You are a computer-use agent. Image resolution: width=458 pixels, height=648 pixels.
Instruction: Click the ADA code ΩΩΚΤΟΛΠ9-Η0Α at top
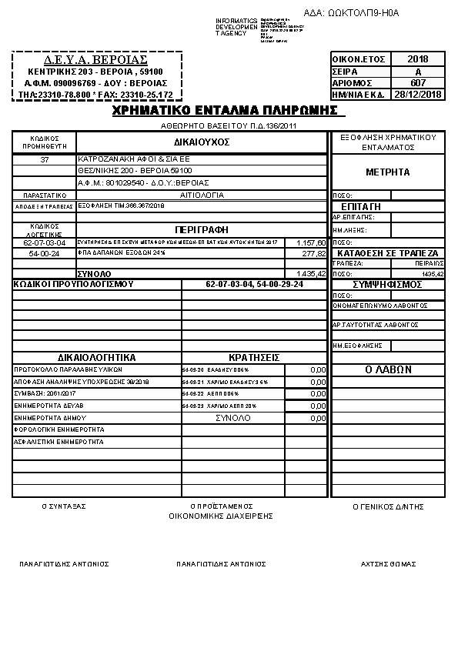click(363, 13)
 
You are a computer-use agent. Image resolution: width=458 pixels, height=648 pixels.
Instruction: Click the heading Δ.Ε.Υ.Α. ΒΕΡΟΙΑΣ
click(96, 59)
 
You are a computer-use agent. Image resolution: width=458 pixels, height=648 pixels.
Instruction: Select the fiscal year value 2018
click(418, 59)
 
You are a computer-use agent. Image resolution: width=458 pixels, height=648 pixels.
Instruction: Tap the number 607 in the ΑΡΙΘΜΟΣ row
click(418, 82)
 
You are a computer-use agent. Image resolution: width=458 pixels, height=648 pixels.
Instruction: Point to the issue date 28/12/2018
click(418, 95)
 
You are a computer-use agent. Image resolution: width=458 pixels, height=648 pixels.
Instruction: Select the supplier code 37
click(45, 159)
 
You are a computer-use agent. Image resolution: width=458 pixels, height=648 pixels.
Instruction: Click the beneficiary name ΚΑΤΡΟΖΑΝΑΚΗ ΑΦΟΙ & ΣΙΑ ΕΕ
click(128, 159)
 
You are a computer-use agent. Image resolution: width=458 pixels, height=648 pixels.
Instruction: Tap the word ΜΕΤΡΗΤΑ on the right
click(387, 172)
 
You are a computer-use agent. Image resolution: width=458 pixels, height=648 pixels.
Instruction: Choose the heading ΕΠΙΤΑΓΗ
click(360, 207)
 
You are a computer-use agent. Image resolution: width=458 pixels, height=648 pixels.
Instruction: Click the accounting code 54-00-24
click(45, 253)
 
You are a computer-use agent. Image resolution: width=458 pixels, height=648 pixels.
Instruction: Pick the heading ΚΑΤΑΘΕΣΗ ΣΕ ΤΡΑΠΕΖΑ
click(387, 253)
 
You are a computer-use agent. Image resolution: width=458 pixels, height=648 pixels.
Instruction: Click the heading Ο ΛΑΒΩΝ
click(387, 370)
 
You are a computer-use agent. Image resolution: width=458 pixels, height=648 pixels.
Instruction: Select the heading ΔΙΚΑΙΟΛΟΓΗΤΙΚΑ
click(97, 358)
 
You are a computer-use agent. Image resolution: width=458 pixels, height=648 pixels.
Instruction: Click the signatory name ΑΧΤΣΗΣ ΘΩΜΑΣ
click(388, 564)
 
